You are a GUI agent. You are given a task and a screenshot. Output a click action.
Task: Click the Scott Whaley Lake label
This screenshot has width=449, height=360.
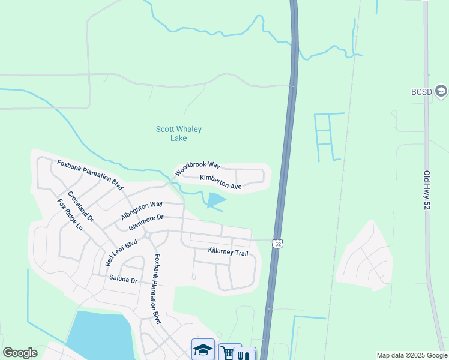179,133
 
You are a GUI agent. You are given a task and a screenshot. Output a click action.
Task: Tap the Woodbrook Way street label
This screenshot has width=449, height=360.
198,169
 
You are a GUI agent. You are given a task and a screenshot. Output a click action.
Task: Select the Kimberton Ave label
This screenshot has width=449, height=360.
220,182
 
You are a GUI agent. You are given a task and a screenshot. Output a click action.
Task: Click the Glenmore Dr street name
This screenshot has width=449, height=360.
146,223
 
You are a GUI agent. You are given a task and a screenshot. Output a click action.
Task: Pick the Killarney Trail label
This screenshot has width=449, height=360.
228,253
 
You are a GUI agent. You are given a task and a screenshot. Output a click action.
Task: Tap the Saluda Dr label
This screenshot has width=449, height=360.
123,279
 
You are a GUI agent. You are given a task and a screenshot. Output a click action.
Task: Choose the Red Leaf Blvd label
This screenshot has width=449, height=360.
121,253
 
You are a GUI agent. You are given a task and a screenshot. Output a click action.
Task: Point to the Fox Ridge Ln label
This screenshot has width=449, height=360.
70,215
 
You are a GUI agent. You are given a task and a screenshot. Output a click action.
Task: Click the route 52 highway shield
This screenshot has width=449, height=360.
277,243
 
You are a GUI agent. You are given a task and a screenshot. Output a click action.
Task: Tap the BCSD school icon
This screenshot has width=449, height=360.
441,91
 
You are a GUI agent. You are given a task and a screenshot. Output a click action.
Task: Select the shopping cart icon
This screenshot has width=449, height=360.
228,353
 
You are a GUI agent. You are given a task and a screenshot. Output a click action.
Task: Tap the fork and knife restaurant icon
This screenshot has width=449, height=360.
244,355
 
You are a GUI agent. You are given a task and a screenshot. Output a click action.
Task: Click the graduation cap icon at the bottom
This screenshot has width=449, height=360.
203,350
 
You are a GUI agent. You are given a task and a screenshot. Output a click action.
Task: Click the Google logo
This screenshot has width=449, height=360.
20,353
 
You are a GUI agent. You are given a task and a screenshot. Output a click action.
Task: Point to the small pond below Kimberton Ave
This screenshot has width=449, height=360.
215,200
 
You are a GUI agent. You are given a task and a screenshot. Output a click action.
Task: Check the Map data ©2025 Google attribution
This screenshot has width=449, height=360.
411,355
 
